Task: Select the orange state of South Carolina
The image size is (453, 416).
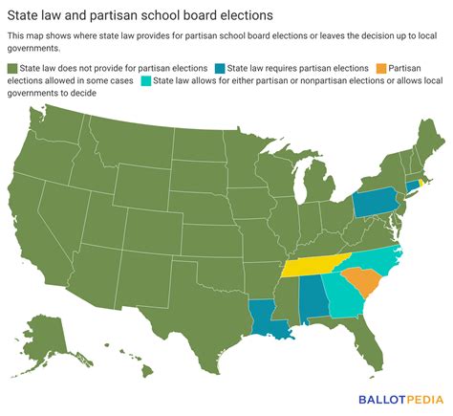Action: [359, 283]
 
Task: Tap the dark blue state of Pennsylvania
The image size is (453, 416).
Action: [371, 204]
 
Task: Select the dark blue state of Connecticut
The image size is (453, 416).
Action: [414, 186]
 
